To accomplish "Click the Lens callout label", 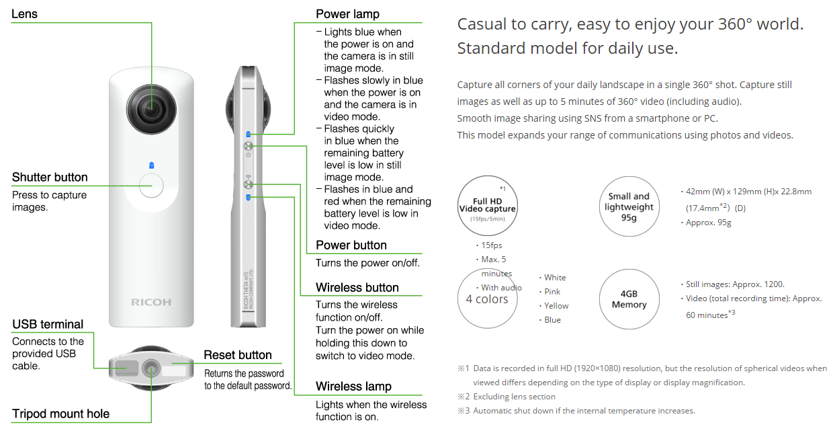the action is tap(25, 13).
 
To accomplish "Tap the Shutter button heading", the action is tap(50, 177).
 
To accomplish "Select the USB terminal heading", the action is tap(48, 324).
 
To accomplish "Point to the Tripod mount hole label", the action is tap(60, 413).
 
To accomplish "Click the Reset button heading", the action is tap(238, 355).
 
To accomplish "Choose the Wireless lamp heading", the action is tap(353, 386).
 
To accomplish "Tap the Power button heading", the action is tap(351, 245).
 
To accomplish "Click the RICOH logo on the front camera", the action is tap(151, 302).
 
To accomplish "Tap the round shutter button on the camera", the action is tap(151, 186).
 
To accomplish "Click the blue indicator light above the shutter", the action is tap(151, 165).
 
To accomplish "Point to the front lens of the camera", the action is tap(151, 110).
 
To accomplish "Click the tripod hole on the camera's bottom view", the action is tap(151, 368).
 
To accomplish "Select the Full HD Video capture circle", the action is tap(487, 206).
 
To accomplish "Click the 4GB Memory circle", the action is tap(629, 299).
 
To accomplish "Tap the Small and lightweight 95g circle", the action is tap(629, 206).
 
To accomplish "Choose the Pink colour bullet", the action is tap(550, 292).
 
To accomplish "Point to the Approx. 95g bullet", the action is tap(706, 223).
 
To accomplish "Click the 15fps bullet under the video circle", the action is tap(489, 245).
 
